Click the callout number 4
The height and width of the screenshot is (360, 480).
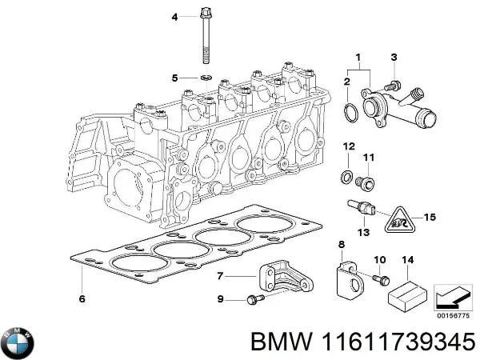(175, 16)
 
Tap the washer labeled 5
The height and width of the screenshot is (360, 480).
(206, 78)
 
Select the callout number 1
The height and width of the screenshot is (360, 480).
(358, 58)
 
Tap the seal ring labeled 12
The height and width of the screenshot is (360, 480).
(346, 174)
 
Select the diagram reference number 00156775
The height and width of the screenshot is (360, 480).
(454, 314)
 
